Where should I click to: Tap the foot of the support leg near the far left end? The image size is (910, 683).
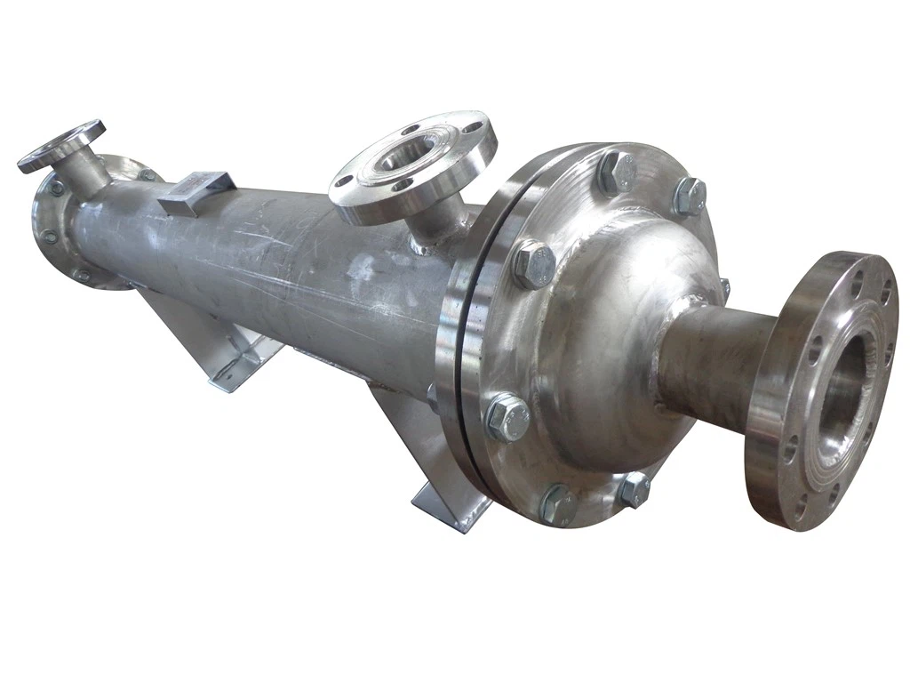click(234, 374)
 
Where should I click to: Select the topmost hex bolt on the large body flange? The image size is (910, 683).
click(618, 172)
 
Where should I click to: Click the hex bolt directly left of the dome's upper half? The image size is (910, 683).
click(533, 264)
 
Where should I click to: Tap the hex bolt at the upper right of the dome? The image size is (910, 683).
click(689, 197)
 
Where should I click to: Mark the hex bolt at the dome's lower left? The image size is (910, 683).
click(507, 417)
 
